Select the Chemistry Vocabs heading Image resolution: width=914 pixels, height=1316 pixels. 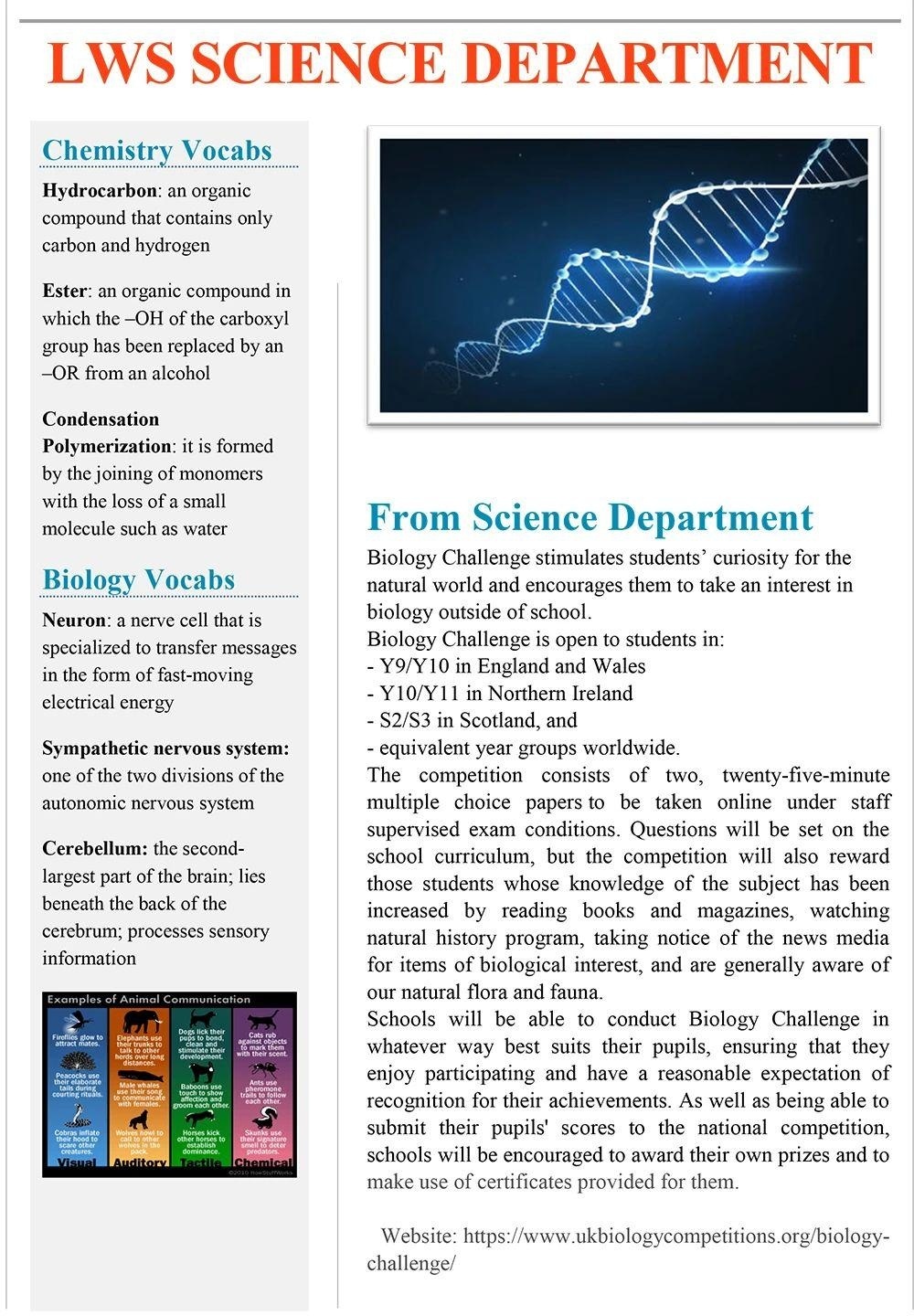pyautogui.click(x=157, y=150)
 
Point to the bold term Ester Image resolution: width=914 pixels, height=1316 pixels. pyautogui.click(x=64, y=292)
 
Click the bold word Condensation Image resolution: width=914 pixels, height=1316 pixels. pyautogui.click(x=101, y=419)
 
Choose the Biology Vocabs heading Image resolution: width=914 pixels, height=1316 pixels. pyautogui.click(x=138, y=579)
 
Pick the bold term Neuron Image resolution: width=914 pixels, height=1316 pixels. pyautogui.click(x=73, y=621)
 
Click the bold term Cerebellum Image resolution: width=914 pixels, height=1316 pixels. pyautogui.click(x=94, y=849)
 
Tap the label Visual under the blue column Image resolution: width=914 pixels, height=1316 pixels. pyautogui.click(x=76, y=1163)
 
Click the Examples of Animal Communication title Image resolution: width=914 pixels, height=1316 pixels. pyautogui.click(x=148, y=999)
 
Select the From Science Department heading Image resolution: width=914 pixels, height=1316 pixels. pyautogui.click(x=590, y=517)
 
